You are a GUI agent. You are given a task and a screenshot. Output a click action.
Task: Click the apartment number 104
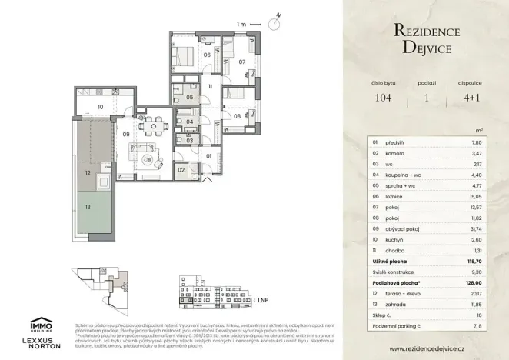[x=383, y=98]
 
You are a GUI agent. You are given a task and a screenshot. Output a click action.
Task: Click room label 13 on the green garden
[x=88, y=207]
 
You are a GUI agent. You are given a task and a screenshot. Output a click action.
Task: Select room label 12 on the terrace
[x=88, y=174]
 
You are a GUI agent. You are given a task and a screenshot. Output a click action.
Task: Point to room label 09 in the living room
[x=126, y=135]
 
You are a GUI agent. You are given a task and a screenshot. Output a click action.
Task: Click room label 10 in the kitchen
[x=100, y=107]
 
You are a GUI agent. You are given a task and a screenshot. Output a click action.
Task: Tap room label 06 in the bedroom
[x=185, y=55]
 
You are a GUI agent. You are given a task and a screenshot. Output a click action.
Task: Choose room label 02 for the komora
[x=182, y=169]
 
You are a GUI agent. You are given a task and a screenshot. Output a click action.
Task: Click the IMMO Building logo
[x=41, y=325]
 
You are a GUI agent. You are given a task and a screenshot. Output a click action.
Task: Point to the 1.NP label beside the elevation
[x=263, y=301]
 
